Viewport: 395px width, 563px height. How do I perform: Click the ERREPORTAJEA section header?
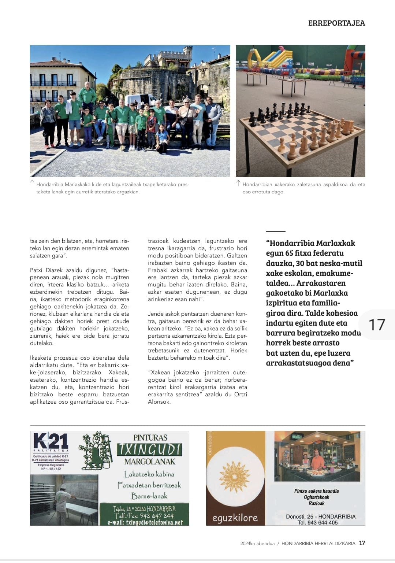pos(336,23)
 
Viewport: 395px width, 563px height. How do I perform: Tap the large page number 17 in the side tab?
pos(376,325)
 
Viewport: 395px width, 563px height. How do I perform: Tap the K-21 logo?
pos(51,442)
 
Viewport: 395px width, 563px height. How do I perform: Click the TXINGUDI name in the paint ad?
pos(149,449)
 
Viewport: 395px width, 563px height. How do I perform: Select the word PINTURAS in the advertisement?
pos(150,437)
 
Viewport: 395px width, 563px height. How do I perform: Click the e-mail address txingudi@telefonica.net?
pos(145,522)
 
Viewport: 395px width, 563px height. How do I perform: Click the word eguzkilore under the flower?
pos(235,518)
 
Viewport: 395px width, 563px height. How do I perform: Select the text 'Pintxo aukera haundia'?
pos(316,491)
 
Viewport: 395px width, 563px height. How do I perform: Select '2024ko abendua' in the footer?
pos(257,543)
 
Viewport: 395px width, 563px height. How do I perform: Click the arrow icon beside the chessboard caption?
pos(238,183)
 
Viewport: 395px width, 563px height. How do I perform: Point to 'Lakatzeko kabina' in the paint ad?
pos(149,474)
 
